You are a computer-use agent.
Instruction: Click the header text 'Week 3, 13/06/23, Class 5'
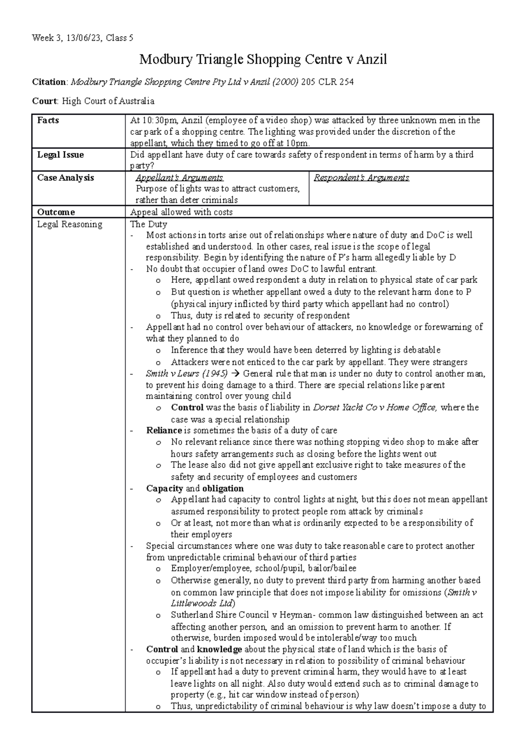(83, 38)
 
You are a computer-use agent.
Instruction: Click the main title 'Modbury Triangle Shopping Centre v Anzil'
(263, 59)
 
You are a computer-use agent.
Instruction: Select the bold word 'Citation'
(50, 82)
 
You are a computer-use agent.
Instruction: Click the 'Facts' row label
(48, 120)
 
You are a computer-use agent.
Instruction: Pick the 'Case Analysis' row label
(65, 177)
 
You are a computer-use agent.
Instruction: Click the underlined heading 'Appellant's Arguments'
(179, 177)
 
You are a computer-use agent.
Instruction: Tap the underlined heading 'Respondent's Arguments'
(361, 177)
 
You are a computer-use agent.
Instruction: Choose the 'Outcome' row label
(56, 212)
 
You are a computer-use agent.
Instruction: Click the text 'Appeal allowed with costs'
(181, 212)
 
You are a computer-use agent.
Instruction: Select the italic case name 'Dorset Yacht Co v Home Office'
(375, 408)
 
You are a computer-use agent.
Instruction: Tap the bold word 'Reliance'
(164, 431)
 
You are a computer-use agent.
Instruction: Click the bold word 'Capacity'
(164, 489)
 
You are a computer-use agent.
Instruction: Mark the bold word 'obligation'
(223, 489)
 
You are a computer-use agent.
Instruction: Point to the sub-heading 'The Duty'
(148, 224)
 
